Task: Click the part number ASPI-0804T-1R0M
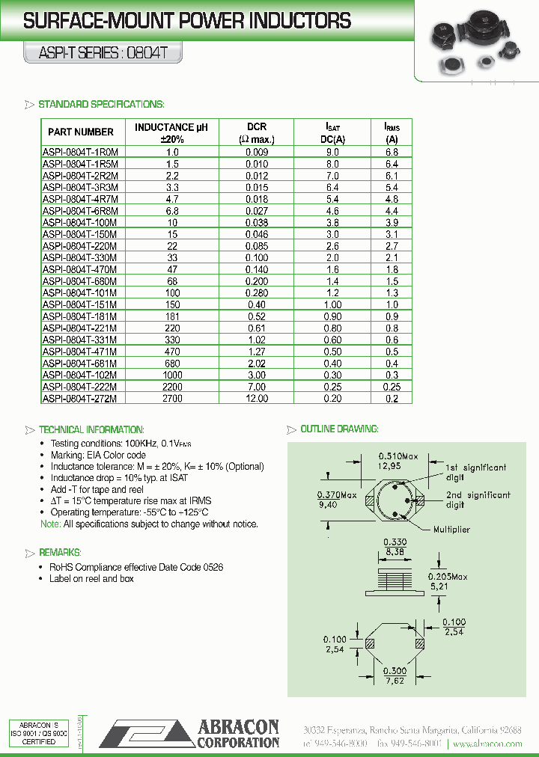pos(81,152)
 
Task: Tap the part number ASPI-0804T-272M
pos(81,399)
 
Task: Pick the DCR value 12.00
pos(257,399)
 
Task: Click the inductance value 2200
pos(171,387)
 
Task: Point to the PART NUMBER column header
pos(81,132)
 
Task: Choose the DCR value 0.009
pos(257,152)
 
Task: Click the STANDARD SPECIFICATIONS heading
pos(101,104)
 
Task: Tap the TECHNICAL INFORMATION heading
pos(91,430)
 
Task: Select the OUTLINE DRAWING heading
pos(339,429)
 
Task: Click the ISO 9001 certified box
pos(38,733)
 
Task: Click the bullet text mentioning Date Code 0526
pos(136,567)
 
